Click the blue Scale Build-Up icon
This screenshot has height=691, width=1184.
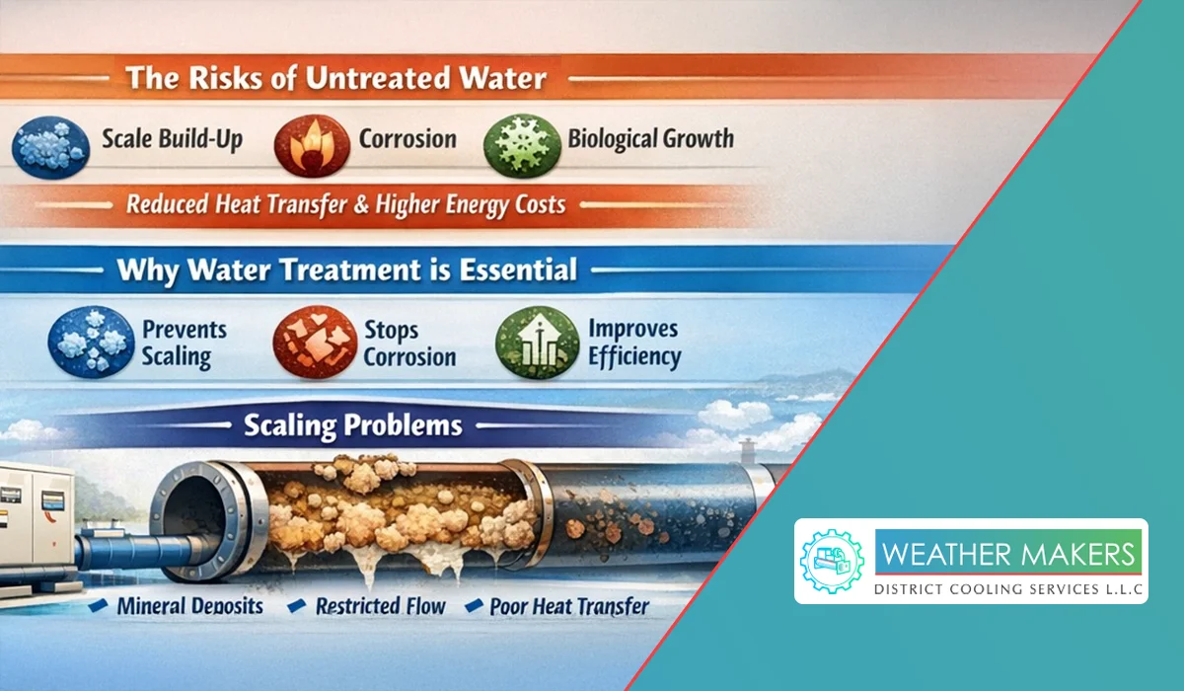click(x=50, y=147)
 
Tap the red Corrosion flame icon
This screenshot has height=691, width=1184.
click(x=313, y=145)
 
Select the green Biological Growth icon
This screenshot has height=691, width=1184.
click(x=522, y=145)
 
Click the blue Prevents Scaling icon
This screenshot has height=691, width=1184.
click(x=91, y=342)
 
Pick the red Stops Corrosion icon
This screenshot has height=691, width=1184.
click(x=315, y=342)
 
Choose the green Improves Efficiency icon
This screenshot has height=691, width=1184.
click(x=537, y=342)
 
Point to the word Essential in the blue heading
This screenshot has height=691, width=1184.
click(x=518, y=269)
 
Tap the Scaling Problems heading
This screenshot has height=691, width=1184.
click(x=353, y=425)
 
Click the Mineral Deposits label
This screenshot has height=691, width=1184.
click(x=189, y=606)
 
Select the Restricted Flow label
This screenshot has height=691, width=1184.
click(x=381, y=606)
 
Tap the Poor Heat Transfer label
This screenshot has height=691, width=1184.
click(x=569, y=606)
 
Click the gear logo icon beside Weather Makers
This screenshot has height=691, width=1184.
click(x=833, y=562)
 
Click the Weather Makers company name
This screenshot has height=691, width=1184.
click(x=1008, y=555)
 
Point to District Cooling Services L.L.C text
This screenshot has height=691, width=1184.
click(x=1008, y=589)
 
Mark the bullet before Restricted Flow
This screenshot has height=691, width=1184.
click(x=297, y=606)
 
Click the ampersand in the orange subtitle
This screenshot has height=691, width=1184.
click(x=361, y=205)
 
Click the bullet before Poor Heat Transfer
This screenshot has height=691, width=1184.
click(x=474, y=606)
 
